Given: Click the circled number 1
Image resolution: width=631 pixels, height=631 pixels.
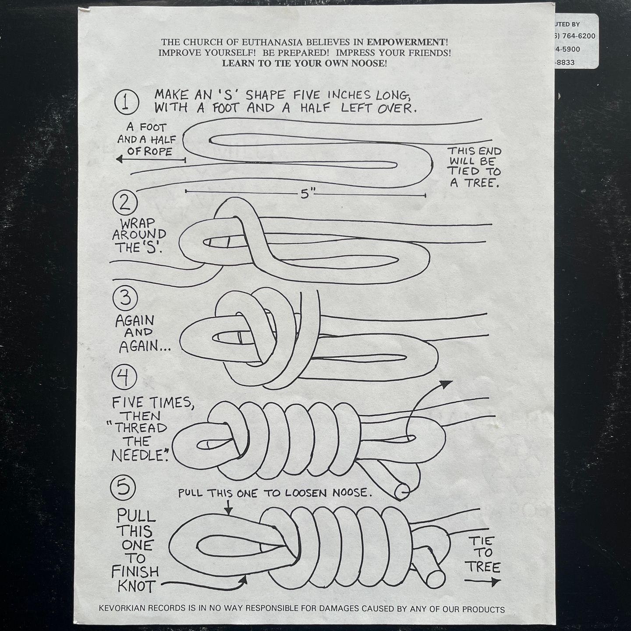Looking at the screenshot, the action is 126,101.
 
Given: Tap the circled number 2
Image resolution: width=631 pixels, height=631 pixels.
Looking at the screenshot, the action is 125,202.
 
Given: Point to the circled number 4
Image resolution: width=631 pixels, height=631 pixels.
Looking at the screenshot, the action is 124,378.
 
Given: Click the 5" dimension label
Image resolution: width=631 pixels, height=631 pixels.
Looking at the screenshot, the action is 305,195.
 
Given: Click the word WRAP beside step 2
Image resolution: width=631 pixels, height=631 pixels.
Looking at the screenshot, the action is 137,223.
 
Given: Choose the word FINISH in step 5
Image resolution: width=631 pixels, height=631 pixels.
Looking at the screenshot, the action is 135,571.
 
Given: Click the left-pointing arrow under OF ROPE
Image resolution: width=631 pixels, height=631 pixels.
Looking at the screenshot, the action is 151,160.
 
